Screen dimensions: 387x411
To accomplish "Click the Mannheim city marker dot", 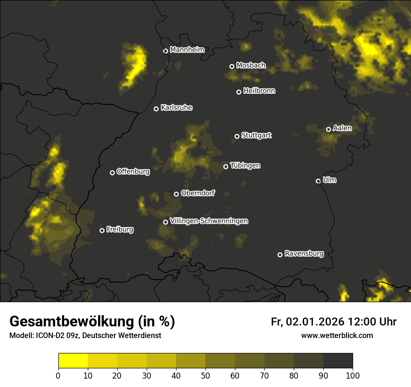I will tap(165, 51).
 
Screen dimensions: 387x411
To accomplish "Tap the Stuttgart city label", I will tap(256, 135).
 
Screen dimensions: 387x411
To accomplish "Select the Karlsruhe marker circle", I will tap(156, 109).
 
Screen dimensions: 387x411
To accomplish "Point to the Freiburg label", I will tap(120, 229).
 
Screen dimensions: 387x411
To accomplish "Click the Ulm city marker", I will tap(318, 181).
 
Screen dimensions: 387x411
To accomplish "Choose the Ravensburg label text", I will tap(304, 254).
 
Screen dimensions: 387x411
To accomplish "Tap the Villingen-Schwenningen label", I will tap(209, 221).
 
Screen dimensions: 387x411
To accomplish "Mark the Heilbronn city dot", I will tap(239, 92).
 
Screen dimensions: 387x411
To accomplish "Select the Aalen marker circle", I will tap(328, 129).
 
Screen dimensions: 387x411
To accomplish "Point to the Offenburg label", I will tap(133, 172).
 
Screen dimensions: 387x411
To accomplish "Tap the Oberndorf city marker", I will tap(176, 194).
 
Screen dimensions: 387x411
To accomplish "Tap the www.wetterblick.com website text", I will tap(337, 335).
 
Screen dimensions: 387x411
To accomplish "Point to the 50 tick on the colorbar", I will tap(205, 375).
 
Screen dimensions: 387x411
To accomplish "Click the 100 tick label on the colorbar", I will tap(352, 375).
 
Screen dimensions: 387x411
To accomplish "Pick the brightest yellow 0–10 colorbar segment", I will tap(73, 360).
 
